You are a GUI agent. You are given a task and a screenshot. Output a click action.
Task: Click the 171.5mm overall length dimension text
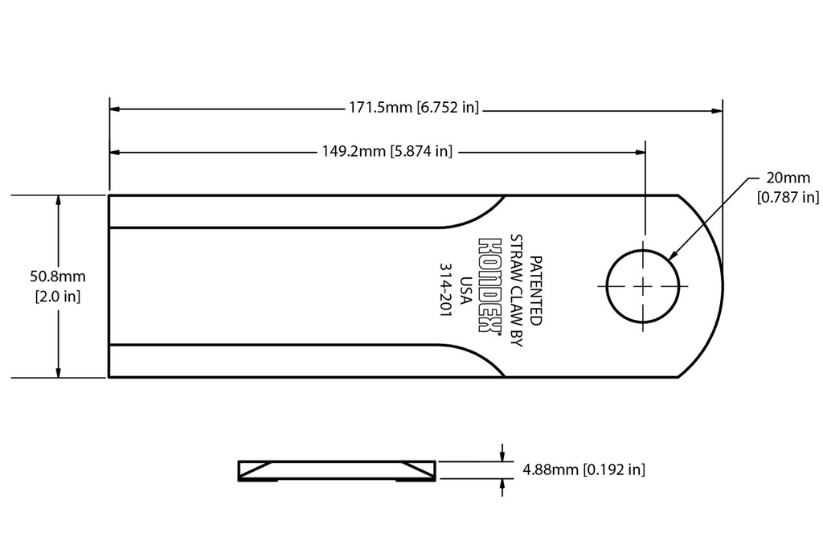[x=414, y=108]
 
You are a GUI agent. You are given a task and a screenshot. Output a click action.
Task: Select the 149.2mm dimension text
[x=387, y=151]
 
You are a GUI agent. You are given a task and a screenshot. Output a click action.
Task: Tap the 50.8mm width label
[x=58, y=276]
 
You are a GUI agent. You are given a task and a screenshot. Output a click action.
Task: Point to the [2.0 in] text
[x=58, y=297]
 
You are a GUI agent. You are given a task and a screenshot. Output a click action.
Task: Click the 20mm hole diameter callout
[x=788, y=178]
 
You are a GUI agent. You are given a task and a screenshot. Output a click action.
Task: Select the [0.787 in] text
[x=788, y=198]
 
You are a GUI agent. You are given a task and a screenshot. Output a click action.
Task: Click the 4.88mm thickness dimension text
[x=583, y=469]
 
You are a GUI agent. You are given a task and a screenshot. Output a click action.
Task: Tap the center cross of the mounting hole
[x=643, y=286]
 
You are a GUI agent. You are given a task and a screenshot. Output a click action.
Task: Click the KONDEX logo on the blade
[x=489, y=285]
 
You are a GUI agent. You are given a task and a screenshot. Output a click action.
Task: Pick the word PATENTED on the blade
[x=535, y=290]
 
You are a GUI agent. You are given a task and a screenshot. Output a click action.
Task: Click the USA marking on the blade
[x=465, y=289]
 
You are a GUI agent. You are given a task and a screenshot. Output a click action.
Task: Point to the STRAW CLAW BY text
[x=517, y=290]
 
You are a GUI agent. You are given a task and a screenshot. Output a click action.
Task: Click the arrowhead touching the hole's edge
[x=673, y=256]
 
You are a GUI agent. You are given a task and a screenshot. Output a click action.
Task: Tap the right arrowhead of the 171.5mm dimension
[x=717, y=111]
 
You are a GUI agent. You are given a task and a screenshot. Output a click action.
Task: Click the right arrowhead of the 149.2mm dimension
[x=640, y=152]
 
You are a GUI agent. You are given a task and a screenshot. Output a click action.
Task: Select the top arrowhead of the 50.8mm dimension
[x=58, y=201]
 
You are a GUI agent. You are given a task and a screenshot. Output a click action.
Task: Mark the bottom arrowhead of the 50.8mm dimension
[x=58, y=371]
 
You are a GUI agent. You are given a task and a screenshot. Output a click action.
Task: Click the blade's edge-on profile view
[x=337, y=471]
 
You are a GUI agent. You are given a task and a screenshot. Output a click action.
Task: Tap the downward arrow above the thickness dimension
[x=502, y=452]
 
